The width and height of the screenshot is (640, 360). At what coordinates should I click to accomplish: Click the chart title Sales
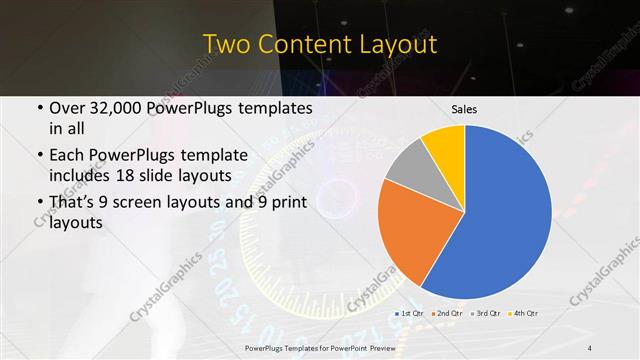point(465,109)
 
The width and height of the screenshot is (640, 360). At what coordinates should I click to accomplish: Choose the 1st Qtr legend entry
point(410,312)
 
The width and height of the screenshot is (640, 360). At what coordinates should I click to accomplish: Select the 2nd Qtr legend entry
point(447,312)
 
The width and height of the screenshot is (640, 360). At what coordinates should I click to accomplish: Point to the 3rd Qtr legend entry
point(486,312)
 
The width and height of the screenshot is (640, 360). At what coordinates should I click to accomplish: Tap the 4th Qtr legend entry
point(524,312)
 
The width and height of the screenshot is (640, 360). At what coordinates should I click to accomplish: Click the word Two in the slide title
point(224,44)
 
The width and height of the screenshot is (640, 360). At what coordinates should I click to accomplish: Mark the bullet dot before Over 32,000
point(39,108)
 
